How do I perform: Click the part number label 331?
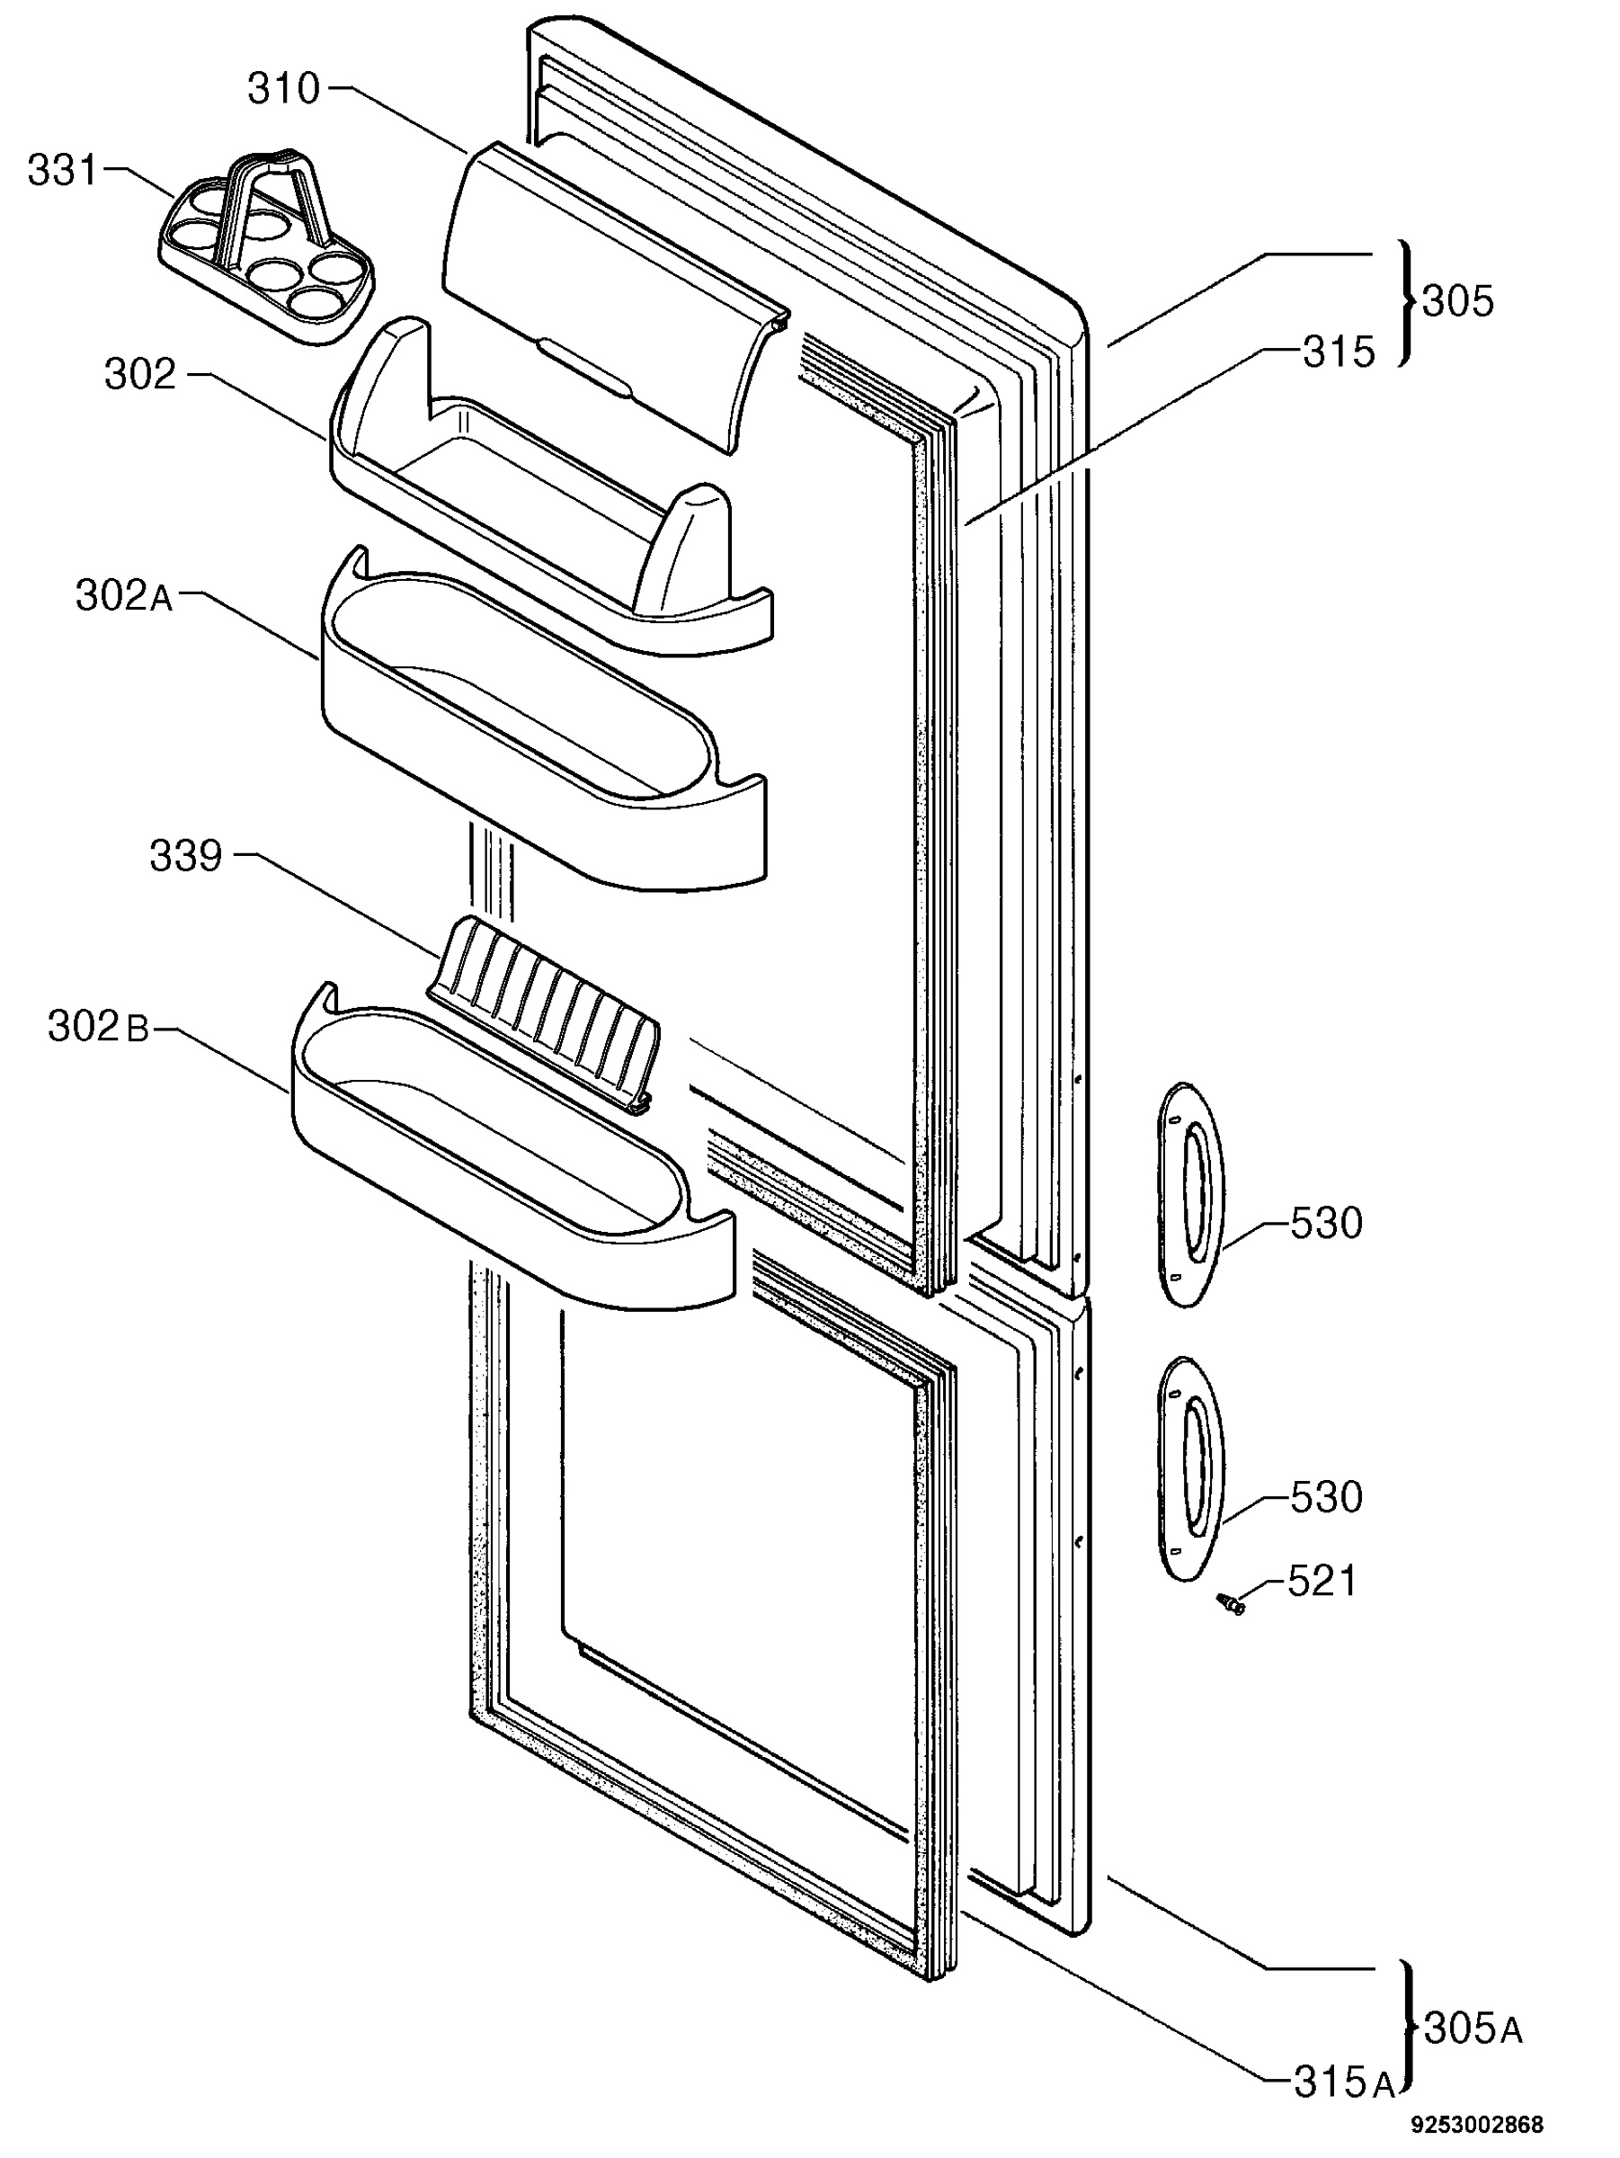click(x=62, y=171)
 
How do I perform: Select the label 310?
click(x=283, y=90)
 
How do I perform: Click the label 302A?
click(x=124, y=596)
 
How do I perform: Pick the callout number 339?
click(x=185, y=857)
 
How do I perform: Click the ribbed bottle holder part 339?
click(x=543, y=1014)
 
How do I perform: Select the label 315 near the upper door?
click(x=1338, y=352)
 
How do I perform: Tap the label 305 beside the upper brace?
click(x=1457, y=302)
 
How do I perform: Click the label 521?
click(x=1322, y=1583)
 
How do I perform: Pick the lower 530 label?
click(x=1325, y=1497)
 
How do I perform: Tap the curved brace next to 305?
click(x=1405, y=302)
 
